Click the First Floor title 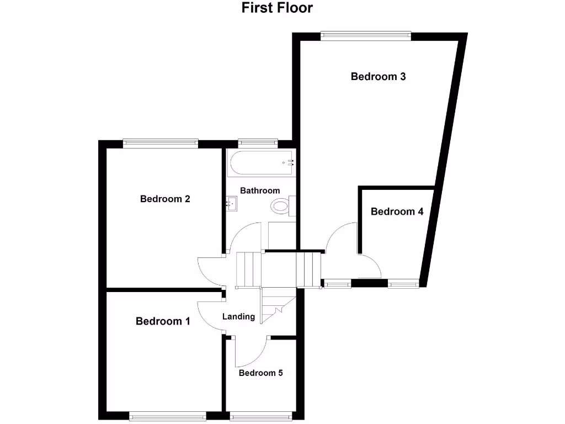277,8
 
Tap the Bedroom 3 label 378,77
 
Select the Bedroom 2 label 165,199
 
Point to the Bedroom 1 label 163,321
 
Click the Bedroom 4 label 397,211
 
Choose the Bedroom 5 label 260,373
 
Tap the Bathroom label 260,190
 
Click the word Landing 238,317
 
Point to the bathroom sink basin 231,204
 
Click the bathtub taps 289,163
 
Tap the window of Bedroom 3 366,36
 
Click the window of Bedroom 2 160,144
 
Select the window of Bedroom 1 167,416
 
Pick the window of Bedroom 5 260,416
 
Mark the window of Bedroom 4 403,284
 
